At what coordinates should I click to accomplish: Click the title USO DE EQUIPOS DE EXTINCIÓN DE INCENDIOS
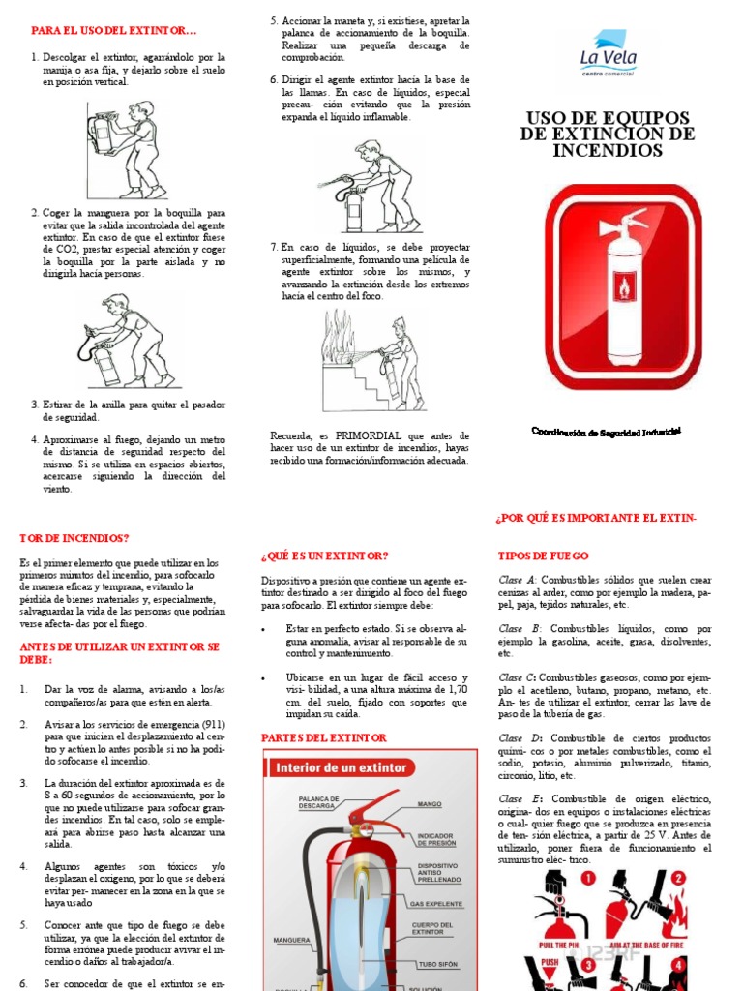coord(607,135)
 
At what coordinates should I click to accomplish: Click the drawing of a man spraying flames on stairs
coord(371,361)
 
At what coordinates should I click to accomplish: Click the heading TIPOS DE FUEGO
coord(543,557)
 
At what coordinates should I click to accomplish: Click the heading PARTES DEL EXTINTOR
coord(323,737)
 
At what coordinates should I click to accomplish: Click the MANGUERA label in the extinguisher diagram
coord(291,940)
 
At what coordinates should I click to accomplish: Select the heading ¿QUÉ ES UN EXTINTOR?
coord(324,556)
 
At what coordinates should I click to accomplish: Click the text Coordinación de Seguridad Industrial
coord(607,431)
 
